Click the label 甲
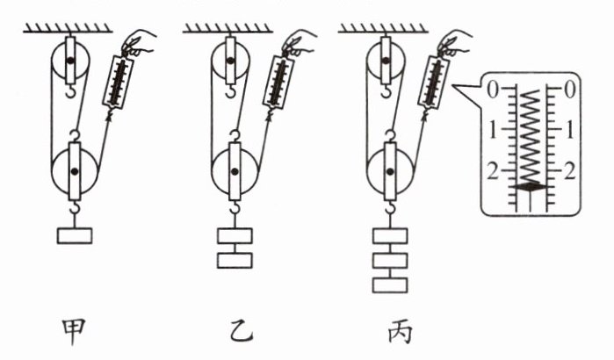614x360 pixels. point(73,331)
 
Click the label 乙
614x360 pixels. point(233,331)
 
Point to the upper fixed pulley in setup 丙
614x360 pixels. point(384,62)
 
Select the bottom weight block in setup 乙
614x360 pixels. point(234,260)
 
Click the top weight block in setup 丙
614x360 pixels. point(389,235)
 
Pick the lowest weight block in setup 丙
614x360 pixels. point(389,284)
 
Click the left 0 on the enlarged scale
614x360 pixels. point(493,89)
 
